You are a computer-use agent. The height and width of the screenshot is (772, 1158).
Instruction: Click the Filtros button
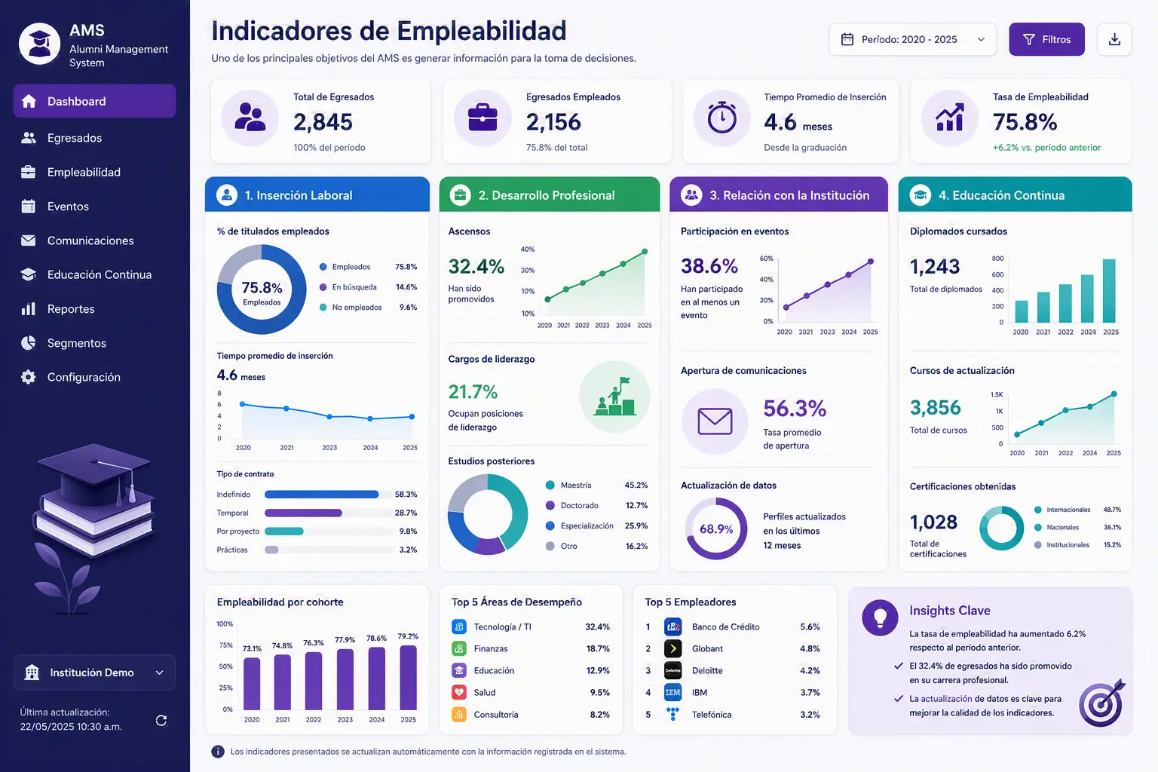click(x=1046, y=39)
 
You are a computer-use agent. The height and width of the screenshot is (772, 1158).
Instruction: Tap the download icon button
click(x=1114, y=39)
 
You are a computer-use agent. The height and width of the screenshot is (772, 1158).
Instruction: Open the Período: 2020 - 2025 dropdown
click(x=912, y=39)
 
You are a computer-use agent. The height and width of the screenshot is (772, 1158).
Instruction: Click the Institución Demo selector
click(x=94, y=672)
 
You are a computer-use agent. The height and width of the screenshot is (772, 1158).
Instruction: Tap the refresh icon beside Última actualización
click(x=161, y=720)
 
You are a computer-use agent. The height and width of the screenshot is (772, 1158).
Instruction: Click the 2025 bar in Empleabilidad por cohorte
click(x=409, y=677)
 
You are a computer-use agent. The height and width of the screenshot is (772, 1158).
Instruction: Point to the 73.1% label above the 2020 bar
click(x=253, y=648)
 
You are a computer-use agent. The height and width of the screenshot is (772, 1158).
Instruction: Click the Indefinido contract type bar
click(x=322, y=495)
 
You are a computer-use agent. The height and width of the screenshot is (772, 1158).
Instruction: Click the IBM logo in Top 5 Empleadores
click(x=672, y=692)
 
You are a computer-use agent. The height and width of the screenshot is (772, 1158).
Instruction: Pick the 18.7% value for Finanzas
click(x=598, y=648)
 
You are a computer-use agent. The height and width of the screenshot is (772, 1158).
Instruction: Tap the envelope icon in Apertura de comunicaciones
click(x=715, y=421)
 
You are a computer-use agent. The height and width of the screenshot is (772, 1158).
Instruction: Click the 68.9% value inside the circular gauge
click(x=716, y=529)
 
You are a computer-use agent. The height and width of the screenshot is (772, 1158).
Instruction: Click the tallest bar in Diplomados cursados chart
click(x=1109, y=290)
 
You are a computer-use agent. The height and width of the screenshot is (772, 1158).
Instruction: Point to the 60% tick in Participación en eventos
click(x=766, y=259)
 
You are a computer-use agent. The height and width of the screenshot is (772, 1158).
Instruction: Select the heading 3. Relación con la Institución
click(x=789, y=195)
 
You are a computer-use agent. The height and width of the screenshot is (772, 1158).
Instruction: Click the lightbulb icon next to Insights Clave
click(x=880, y=617)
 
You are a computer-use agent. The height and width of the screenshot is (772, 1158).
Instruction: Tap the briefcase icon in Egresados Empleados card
click(x=482, y=118)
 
